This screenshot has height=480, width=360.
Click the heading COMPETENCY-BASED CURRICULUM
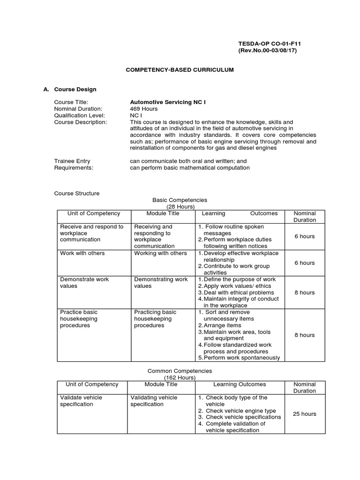180,69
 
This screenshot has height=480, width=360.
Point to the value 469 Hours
144,109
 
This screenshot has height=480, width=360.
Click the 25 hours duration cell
304,414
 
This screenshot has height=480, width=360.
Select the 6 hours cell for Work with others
304,263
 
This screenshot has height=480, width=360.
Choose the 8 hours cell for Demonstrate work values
304,292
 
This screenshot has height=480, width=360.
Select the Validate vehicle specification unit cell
81,401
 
